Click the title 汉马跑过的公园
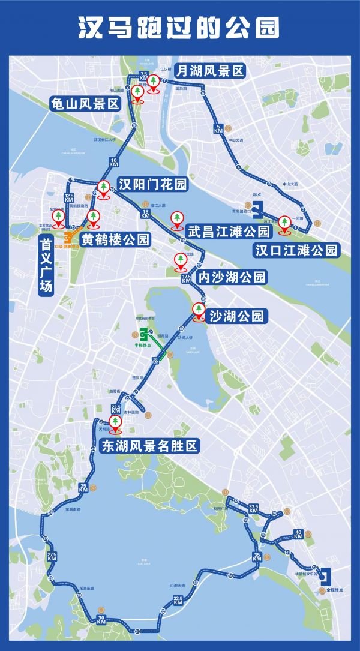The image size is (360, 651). (179, 28)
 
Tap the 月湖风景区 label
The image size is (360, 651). (209, 71)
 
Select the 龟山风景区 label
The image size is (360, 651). (85, 103)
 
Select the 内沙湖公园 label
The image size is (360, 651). (231, 277)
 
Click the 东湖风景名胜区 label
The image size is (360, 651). (149, 446)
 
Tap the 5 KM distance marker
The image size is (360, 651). (219, 128)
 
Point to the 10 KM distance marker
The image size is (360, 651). (115, 161)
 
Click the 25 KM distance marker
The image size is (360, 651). (83, 488)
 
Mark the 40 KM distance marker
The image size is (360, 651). (298, 534)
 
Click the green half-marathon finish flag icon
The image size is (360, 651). (142, 335)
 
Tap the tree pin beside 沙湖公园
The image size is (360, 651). (197, 310)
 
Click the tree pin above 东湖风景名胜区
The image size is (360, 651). (114, 424)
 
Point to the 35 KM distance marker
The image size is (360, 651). (257, 556)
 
